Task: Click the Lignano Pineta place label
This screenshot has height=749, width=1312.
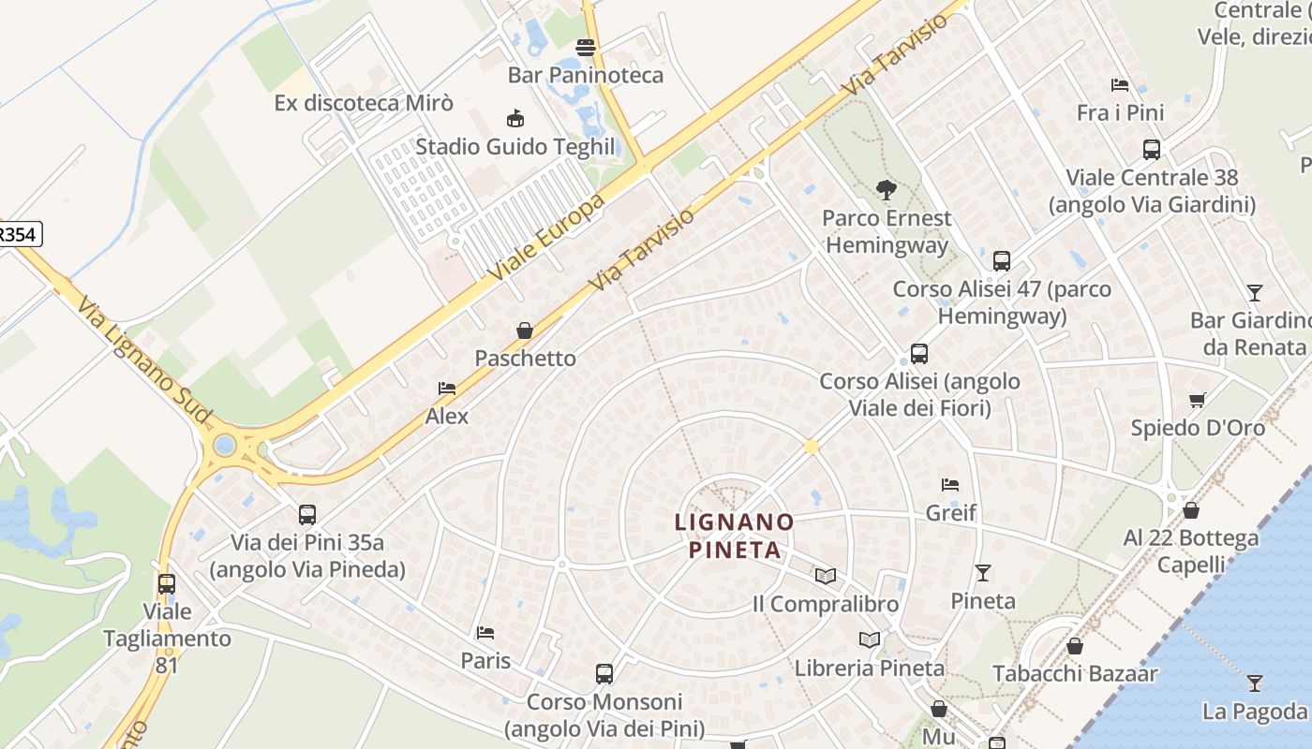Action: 735,535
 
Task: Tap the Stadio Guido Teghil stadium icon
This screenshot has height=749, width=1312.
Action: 514,119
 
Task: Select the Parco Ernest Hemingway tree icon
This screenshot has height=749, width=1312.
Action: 886,190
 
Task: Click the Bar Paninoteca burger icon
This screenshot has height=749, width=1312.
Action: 586,47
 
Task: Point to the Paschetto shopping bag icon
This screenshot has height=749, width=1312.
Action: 525,330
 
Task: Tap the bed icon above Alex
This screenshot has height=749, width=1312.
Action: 447,388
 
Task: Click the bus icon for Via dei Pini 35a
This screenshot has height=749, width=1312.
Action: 307,514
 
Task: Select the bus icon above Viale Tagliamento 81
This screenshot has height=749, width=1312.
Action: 167,583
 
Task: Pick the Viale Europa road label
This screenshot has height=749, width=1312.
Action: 545,239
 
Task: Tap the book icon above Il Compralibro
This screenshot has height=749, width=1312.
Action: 825,576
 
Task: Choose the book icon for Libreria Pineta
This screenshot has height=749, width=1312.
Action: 870,639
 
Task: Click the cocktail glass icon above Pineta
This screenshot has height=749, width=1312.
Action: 983,572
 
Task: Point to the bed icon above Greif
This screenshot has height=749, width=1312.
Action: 950,484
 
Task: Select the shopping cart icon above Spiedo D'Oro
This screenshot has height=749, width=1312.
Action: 1197,400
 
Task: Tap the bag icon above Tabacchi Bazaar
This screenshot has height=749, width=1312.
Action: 1075,646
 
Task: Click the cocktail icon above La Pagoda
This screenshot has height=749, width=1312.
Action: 1255,683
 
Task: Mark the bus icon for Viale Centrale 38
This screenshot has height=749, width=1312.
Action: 1152,149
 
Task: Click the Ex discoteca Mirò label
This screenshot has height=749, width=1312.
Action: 364,103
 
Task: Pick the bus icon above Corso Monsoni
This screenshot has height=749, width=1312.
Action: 604,673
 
